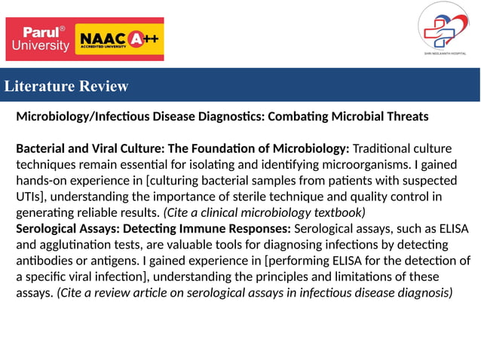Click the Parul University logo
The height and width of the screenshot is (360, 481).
[x=40, y=39]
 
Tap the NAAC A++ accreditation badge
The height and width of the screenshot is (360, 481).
[x=121, y=39]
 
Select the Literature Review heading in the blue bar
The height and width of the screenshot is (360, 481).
[x=66, y=86]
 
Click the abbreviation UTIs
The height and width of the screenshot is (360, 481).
[x=29, y=197]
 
